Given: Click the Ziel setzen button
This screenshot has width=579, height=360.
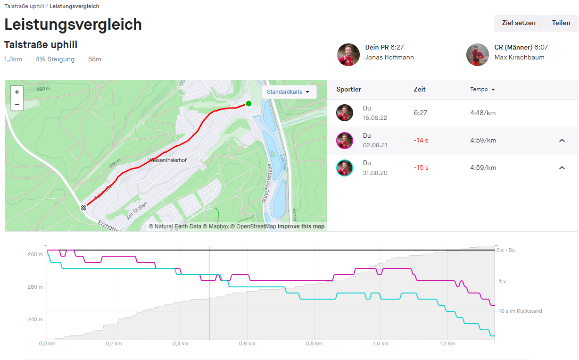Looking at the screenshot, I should pos(519,23).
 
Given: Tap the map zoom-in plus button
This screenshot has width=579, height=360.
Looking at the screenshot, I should pos(17,92).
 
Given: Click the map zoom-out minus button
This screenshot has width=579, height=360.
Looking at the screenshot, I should pos(17,104).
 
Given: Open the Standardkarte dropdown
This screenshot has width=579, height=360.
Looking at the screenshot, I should pos(289,92).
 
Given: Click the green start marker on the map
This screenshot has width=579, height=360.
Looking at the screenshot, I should pos(248,103).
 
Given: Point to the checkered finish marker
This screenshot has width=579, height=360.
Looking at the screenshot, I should pos(83,208).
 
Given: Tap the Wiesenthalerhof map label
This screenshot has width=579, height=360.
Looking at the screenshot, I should pos(167,160).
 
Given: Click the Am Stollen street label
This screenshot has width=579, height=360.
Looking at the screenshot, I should pos(137,210).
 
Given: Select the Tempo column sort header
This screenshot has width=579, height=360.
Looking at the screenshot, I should pos(482,90).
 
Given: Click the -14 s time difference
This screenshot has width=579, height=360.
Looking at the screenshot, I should pos(421,141).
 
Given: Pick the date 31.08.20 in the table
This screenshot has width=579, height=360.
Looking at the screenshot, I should pos(375,173).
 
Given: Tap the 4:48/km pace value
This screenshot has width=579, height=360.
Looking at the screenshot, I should pos(483,113).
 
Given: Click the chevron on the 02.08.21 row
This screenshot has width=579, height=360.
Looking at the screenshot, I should pos(562,141).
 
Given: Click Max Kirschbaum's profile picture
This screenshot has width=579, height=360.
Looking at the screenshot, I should pos(478,55).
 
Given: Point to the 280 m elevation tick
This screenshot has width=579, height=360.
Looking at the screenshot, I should pos(35,255).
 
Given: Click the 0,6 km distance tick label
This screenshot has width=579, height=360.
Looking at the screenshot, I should pos(247,343).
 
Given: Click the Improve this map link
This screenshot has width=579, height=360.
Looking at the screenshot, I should pos(301,226).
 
